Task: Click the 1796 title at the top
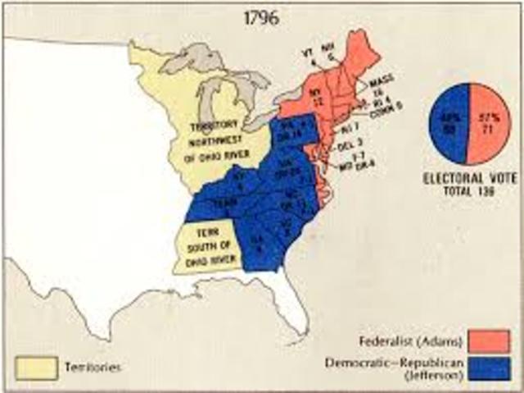[x=260, y=15]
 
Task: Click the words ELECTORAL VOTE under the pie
[x=468, y=177]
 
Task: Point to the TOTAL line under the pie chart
[x=468, y=190]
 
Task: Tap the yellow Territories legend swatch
[x=34, y=366]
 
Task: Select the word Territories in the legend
[x=92, y=367]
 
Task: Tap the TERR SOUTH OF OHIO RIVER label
[x=209, y=239]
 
